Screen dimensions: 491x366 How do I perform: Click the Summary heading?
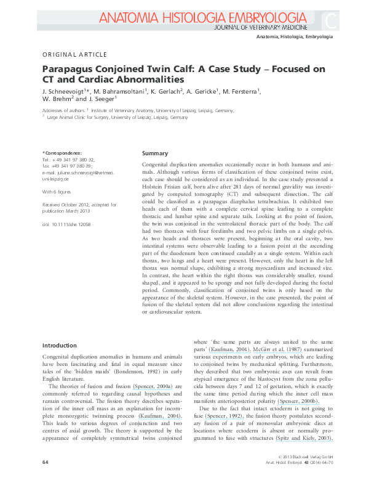point(154,153)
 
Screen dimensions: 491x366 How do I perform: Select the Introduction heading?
point(59,346)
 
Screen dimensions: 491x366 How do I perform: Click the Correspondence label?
point(62,152)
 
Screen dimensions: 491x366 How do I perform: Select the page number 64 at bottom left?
point(45,479)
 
